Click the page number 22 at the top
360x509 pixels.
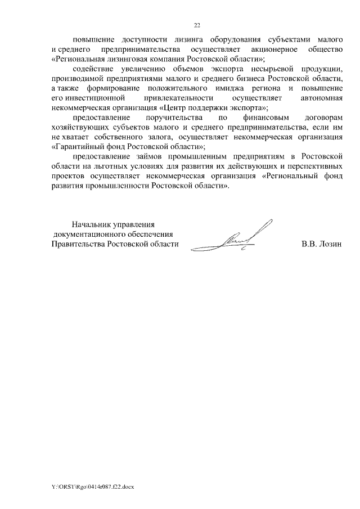[x=197, y=25]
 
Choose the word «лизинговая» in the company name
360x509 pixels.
[x=123, y=58]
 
